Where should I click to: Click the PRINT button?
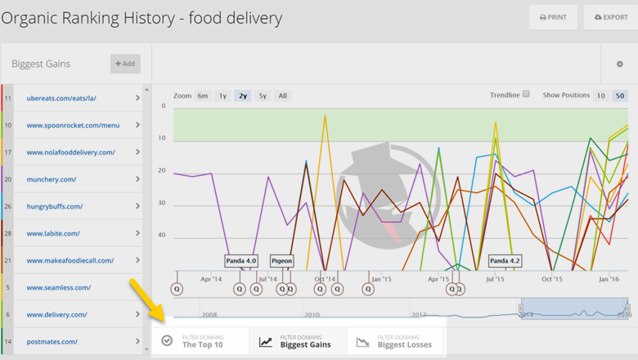pyautogui.click(x=553, y=17)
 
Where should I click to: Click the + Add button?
pyautogui.click(x=125, y=64)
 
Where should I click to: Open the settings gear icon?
pyautogui.click(x=619, y=64)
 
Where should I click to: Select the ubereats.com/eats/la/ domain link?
pyautogui.click(x=61, y=98)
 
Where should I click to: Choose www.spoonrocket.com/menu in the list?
pyautogui.click(x=73, y=125)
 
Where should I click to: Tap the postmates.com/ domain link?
pyautogui.click(x=52, y=341)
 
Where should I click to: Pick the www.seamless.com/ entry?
pyautogui.click(x=59, y=287)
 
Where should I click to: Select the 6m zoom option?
pyautogui.click(x=202, y=96)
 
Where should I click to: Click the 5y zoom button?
pyautogui.click(x=262, y=96)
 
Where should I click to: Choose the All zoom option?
pyautogui.click(x=282, y=96)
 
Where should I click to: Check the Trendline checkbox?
pyautogui.click(x=526, y=94)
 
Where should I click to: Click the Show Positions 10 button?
pyautogui.click(x=600, y=96)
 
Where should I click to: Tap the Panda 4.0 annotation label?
pyautogui.click(x=241, y=261)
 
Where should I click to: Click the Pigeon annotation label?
pyautogui.click(x=281, y=261)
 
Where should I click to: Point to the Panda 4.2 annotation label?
pyautogui.click(x=505, y=261)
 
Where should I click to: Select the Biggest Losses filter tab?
pyautogui.click(x=396, y=340)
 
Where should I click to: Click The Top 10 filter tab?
pyautogui.click(x=201, y=340)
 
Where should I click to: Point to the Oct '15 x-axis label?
pyautogui.click(x=552, y=279)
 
